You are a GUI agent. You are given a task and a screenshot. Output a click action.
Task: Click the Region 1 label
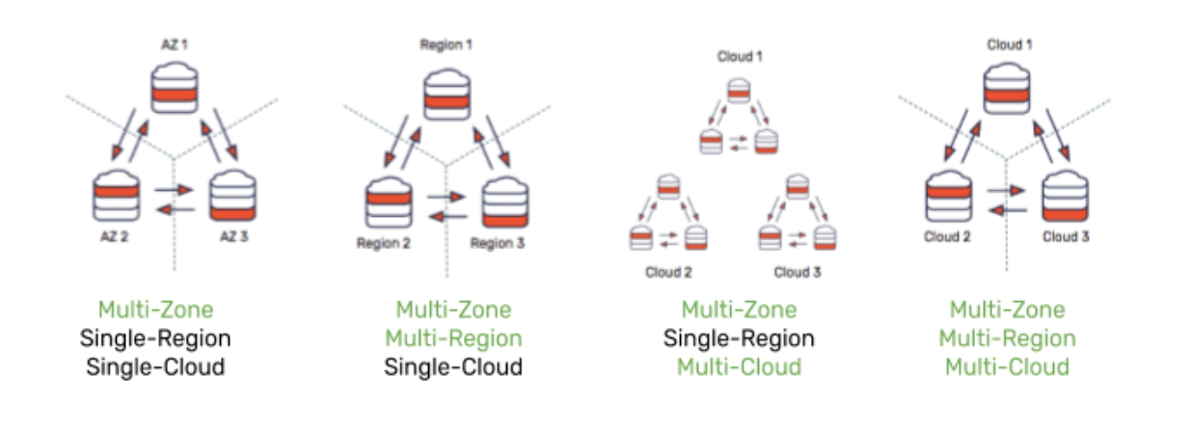coord(447,44)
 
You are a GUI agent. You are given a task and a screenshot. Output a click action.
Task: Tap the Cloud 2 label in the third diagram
coord(668,273)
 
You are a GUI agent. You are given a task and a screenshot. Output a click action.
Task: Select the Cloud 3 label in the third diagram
coord(798,273)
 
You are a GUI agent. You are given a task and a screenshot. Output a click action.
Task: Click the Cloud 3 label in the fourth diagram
coord(1065,237)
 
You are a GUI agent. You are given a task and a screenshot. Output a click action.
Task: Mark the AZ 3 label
coord(238,237)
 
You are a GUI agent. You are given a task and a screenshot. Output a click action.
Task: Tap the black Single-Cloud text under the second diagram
coord(453,367)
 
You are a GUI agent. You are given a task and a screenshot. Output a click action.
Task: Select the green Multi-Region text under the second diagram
coord(453,338)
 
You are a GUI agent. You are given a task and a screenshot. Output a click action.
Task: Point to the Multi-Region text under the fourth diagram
coord(1008,338)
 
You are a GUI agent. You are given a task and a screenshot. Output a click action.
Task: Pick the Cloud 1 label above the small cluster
coord(740,56)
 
